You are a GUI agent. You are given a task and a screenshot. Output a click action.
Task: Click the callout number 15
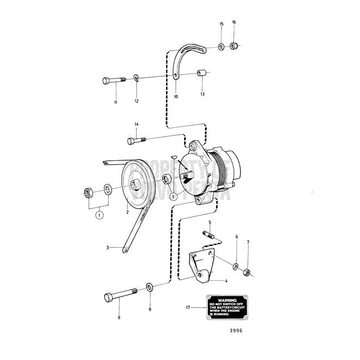pyautogui.click(x=221, y=24)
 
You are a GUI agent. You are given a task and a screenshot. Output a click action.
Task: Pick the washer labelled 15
pyautogui.click(x=221, y=47)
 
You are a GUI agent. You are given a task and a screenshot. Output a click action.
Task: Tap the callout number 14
pyautogui.click(x=137, y=124)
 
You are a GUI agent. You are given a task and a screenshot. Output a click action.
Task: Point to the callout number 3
pyautogui.click(x=108, y=247)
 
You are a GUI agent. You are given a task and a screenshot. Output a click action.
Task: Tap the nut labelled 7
pyautogui.click(x=246, y=271)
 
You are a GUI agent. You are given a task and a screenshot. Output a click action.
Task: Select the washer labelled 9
pyautogui.click(x=149, y=286)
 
